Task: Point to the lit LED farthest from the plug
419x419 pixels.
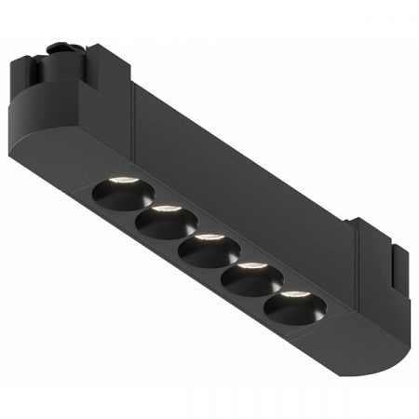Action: click(293, 295)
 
